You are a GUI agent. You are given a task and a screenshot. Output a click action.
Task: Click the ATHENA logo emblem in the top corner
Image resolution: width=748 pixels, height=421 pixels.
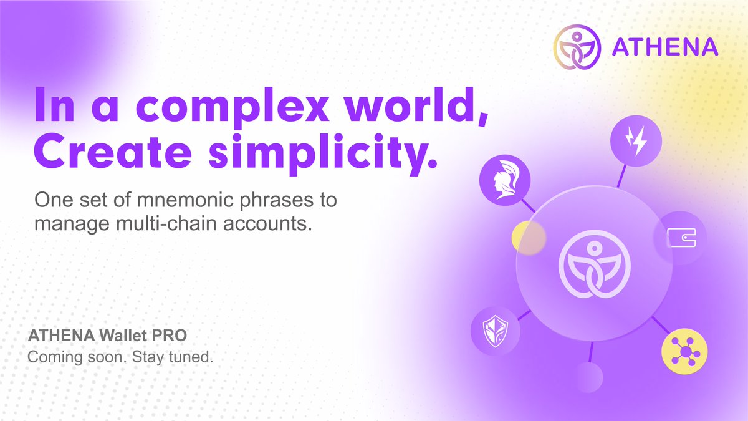click(x=577, y=47)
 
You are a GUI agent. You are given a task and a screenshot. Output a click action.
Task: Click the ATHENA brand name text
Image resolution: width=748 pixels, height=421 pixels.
click(x=665, y=47)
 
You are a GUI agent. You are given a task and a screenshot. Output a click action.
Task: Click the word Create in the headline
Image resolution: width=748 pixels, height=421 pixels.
click(x=113, y=151)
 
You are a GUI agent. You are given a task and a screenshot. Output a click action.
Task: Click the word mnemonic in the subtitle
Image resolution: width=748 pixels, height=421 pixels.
click(x=185, y=200)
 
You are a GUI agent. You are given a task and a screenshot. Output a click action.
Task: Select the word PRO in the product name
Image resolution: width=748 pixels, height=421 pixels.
click(x=170, y=336)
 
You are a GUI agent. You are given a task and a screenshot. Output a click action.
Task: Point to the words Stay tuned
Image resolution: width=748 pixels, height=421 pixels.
click(x=172, y=357)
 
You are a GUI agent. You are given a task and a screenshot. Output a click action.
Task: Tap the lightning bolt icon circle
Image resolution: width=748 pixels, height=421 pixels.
click(x=636, y=141)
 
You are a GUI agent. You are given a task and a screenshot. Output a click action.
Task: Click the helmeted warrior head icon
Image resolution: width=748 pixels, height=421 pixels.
click(x=504, y=180)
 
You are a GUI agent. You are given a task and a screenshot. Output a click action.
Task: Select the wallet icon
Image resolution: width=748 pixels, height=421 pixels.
click(x=681, y=238)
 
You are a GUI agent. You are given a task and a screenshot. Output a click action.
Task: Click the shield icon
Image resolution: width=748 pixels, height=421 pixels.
click(x=496, y=331)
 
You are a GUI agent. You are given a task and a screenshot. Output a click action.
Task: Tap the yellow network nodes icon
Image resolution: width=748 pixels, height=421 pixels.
click(x=684, y=351)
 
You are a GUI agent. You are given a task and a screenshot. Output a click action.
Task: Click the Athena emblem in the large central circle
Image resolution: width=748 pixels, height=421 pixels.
click(x=595, y=264)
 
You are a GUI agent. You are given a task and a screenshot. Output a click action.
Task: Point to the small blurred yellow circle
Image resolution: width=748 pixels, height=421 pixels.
click(x=529, y=238)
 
